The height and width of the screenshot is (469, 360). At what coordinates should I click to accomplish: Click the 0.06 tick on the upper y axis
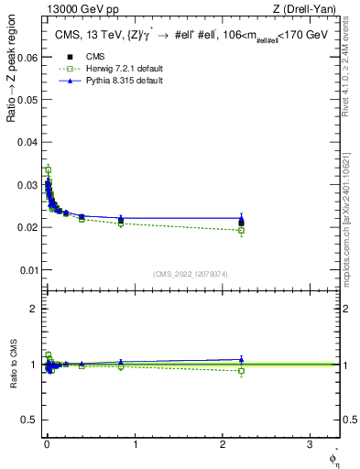(28, 57)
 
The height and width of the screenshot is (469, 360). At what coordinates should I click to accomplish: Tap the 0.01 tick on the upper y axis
(28, 270)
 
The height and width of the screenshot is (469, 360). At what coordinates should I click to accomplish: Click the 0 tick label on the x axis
(47, 444)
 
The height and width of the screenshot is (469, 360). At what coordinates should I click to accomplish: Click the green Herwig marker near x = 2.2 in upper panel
(241, 230)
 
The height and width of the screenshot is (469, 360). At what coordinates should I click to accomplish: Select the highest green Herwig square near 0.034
(48, 169)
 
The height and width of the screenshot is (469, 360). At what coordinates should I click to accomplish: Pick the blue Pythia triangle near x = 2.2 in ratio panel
(241, 360)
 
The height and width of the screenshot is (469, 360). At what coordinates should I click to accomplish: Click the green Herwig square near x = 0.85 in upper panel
(121, 223)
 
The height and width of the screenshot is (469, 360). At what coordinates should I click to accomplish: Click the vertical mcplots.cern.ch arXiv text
(351, 202)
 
